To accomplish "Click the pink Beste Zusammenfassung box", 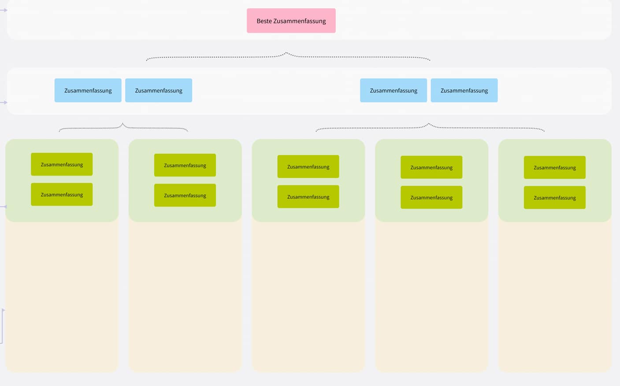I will point(291,21).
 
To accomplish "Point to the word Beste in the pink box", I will point(264,21).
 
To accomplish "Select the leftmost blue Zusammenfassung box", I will point(88,90).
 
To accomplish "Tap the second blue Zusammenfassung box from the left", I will point(159,90).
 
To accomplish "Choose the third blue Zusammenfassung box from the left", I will point(394,90).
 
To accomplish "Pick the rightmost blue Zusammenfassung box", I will point(464,90).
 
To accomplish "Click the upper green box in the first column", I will point(62,164).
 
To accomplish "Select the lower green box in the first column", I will point(62,194).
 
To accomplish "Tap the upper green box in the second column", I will point(185,165).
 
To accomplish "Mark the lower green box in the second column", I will point(185,195).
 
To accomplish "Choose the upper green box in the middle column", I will point(308,167).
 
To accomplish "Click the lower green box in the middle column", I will point(308,197).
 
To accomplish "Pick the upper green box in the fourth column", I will point(431,167).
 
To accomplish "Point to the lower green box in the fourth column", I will point(431,197).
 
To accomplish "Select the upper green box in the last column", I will point(554,167).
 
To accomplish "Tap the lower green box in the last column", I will point(554,197).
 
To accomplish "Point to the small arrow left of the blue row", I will point(4,102).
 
